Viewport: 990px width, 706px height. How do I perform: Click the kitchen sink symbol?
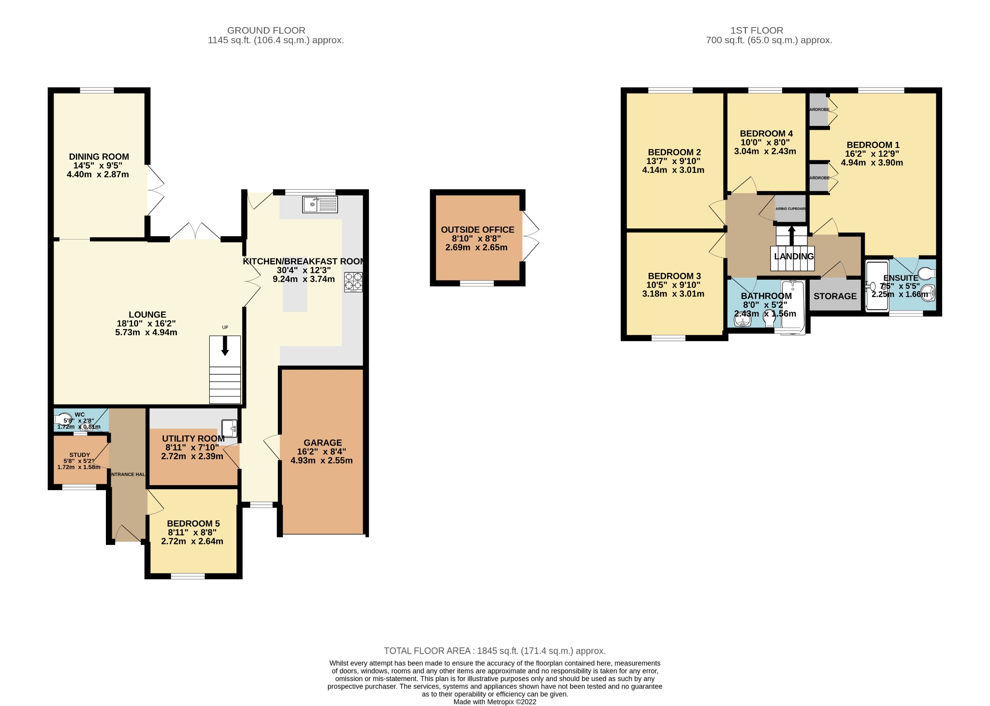click(320, 204)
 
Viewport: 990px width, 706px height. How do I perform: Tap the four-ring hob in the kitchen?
click(353, 282)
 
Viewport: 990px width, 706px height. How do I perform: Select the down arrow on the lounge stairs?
click(225, 346)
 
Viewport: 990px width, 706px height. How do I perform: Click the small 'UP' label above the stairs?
click(225, 328)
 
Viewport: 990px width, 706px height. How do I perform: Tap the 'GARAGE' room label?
click(322, 442)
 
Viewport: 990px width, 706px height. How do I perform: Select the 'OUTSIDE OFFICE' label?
click(477, 230)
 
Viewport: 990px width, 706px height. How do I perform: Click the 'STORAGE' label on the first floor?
click(835, 296)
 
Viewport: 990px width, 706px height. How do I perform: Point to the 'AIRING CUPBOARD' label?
click(790, 209)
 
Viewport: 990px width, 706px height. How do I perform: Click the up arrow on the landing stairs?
click(791, 235)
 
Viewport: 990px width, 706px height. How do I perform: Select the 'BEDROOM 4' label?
click(766, 134)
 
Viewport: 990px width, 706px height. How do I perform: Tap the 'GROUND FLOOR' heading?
click(266, 30)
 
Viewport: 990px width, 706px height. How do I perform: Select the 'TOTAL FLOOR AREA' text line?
click(495, 651)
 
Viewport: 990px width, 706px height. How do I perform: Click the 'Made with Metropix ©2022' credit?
click(495, 702)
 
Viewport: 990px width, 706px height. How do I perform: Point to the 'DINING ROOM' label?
click(99, 157)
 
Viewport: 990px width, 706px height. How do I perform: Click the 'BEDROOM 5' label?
click(193, 524)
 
